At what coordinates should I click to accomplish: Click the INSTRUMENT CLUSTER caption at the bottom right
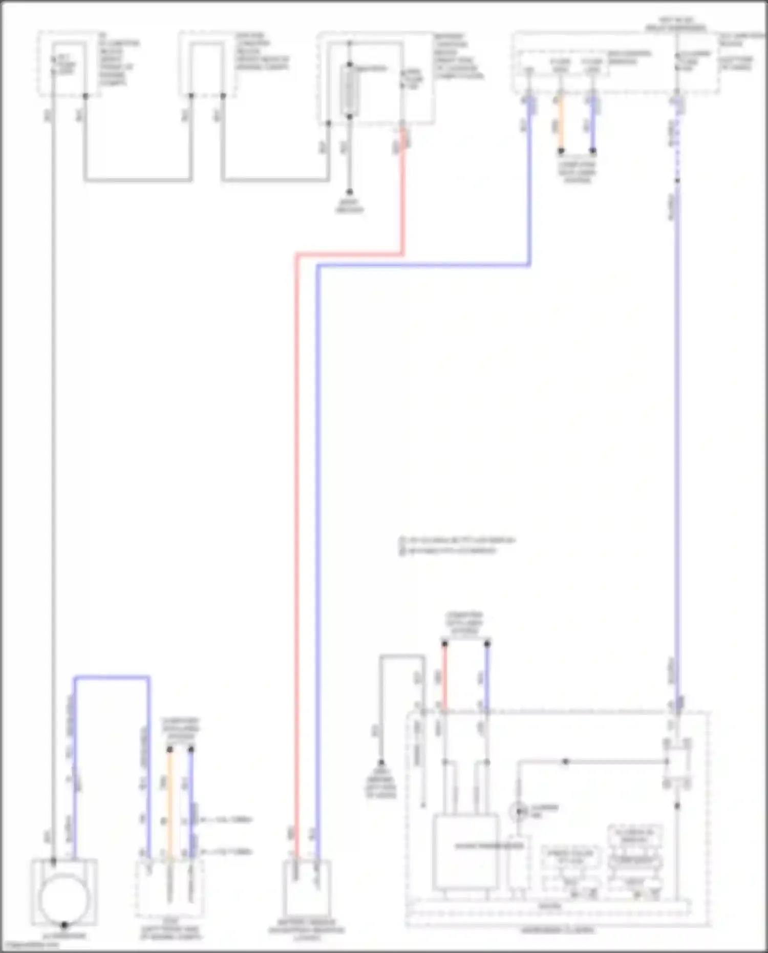[x=558, y=929]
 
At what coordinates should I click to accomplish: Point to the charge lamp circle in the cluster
[x=518, y=812]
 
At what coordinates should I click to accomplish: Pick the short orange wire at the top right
[x=561, y=123]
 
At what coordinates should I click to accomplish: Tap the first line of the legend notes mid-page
[x=457, y=540]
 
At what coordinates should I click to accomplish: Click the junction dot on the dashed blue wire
[x=677, y=180]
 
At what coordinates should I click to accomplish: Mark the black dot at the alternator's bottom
[x=64, y=925]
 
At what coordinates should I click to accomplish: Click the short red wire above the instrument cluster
[x=444, y=676]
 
